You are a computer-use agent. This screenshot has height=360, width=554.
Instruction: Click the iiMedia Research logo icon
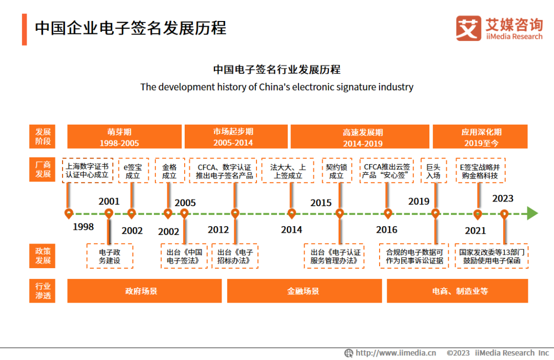click(x=468, y=28)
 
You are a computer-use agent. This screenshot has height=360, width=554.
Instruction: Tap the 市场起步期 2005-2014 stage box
click(x=233, y=136)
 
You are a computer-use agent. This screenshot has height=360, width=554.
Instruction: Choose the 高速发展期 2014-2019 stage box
click(x=360, y=136)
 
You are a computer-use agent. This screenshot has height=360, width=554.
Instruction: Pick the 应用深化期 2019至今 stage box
click(x=481, y=136)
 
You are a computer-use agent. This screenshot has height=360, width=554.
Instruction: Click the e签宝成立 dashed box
click(x=133, y=171)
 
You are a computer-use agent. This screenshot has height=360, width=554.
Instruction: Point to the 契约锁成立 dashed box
click(x=337, y=171)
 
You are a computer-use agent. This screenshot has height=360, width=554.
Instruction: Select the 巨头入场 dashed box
click(x=433, y=171)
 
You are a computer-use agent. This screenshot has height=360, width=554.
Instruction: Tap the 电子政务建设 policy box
click(x=110, y=256)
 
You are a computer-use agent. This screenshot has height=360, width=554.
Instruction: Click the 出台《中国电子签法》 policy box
click(x=185, y=256)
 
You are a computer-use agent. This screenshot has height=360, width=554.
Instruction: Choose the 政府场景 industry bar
click(x=144, y=291)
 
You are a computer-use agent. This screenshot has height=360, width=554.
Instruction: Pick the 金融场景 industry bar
click(x=304, y=291)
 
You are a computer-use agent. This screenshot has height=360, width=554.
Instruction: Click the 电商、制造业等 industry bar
click(x=458, y=291)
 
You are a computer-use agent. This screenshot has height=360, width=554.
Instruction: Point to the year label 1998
click(x=83, y=227)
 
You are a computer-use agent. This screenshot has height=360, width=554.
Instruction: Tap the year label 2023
click(x=503, y=198)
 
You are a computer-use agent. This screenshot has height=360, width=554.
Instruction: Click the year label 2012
click(x=218, y=229)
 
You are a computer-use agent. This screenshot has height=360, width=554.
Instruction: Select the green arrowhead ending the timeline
click(x=532, y=213)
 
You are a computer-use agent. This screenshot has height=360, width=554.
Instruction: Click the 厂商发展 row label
click(x=43, y=170)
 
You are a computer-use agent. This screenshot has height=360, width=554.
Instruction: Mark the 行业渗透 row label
click(x=43, y=291)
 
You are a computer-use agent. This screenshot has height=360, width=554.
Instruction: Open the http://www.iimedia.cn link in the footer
click(x=395, y=353)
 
